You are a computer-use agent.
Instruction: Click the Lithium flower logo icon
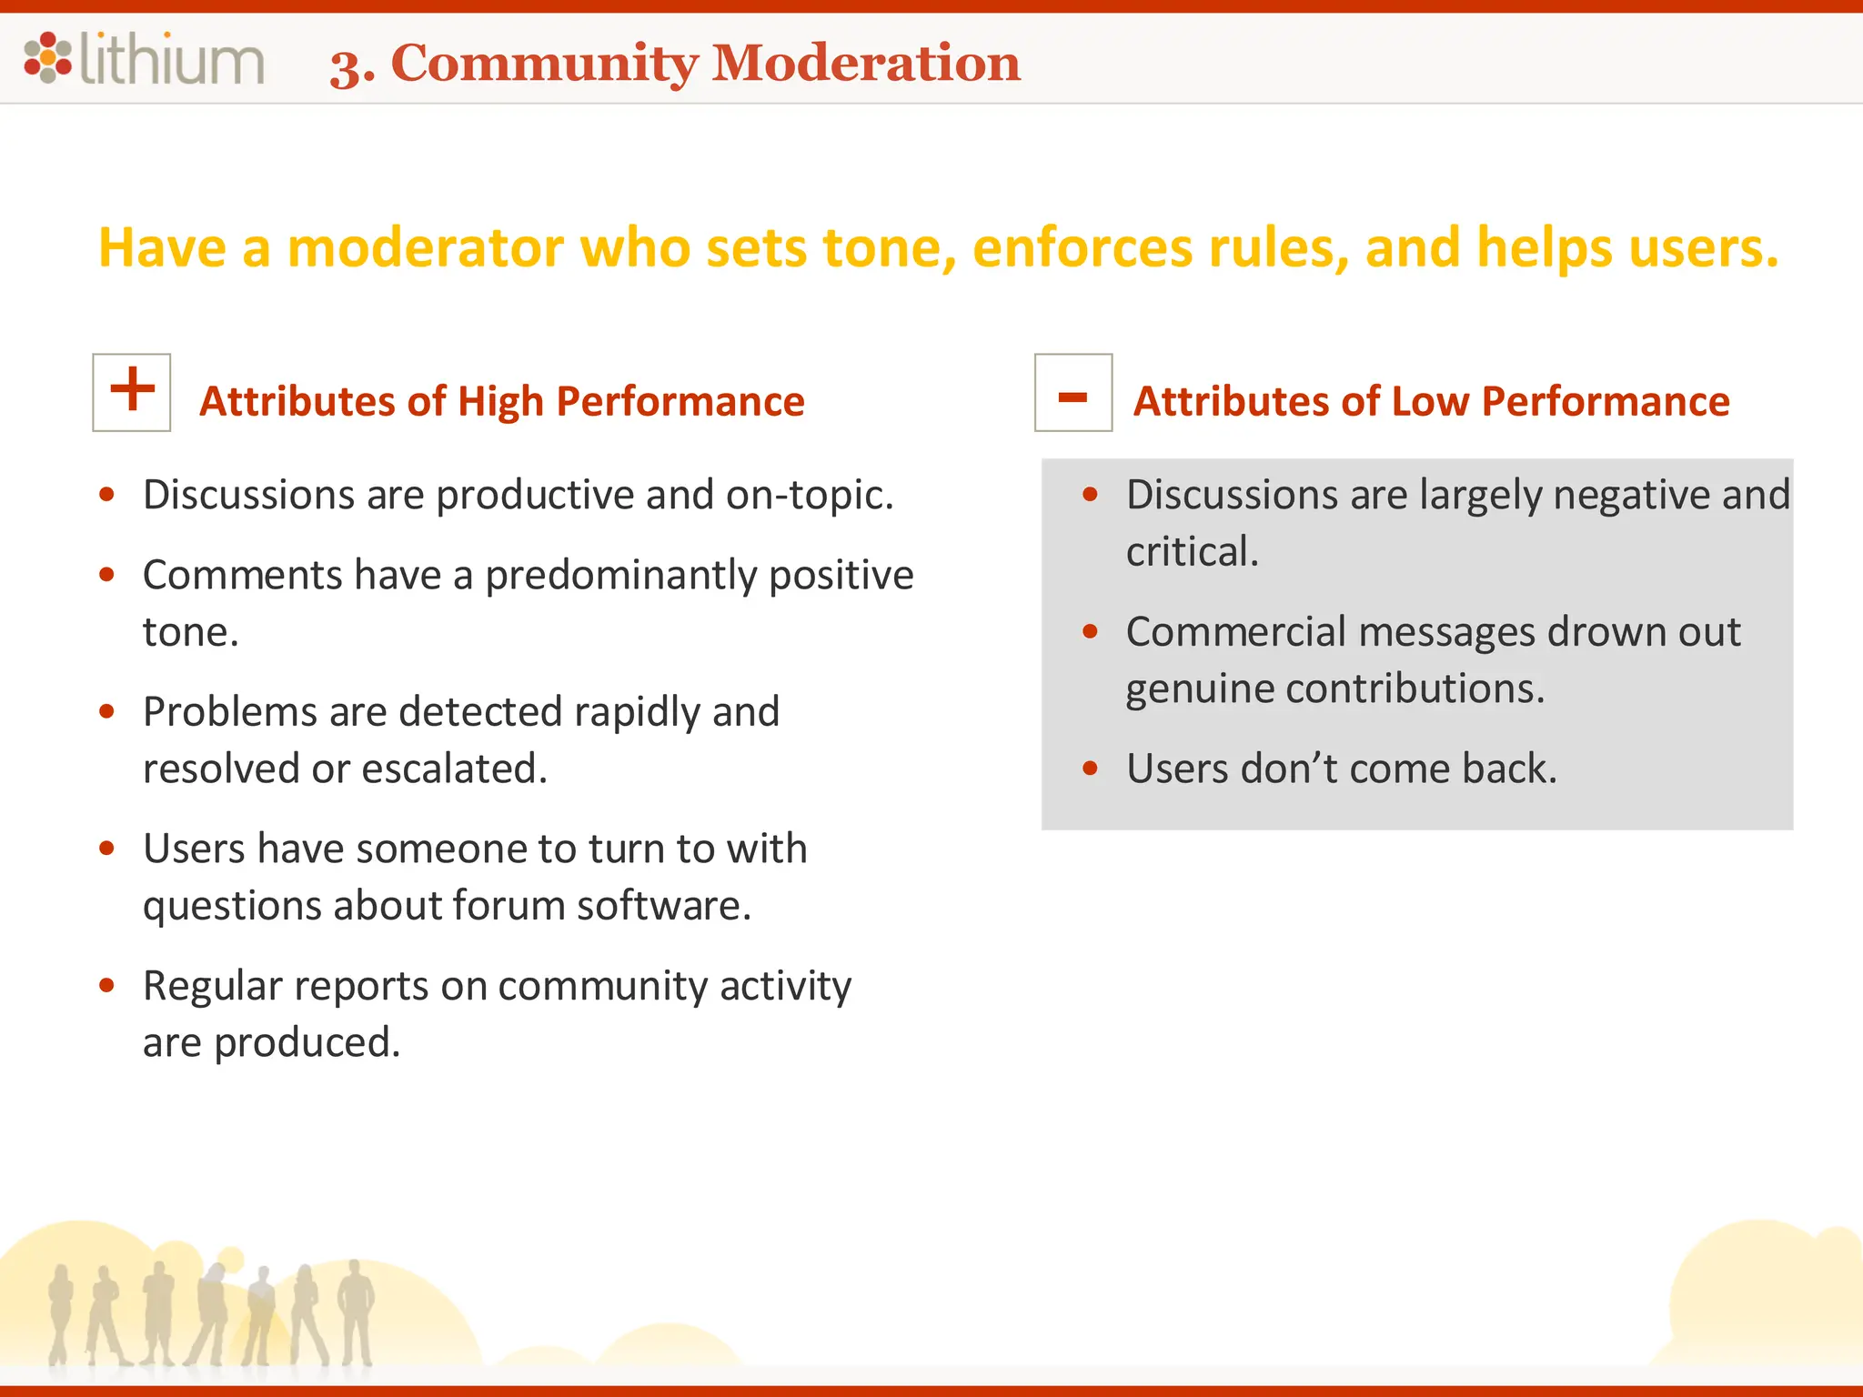coord(47,57)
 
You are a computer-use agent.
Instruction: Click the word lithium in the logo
coord(172,60)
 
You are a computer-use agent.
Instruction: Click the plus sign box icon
coord(132,392)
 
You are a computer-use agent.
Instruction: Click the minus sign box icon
coord(1072,392)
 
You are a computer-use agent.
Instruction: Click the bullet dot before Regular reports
coord(107,985)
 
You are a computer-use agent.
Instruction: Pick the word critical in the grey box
coord(1191,552)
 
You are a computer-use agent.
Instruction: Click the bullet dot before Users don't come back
coord(1091,769)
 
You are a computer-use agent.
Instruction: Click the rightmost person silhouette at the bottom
coord(356,1310)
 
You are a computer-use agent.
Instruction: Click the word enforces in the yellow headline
coord(1082,247)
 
